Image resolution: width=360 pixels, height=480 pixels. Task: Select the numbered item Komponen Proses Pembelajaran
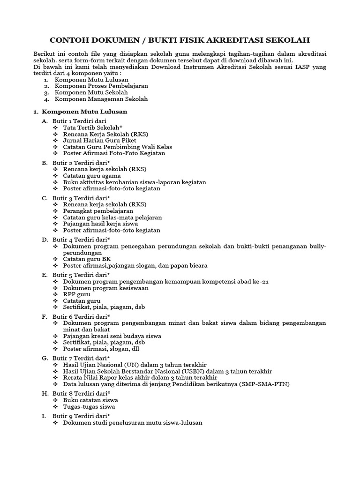tap(101, 86)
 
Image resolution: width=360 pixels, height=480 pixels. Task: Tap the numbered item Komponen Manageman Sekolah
tap(101, 99)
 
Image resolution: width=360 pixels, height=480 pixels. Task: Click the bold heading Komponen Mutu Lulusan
tap(84, 112)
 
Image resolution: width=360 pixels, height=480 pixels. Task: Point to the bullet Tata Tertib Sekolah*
tap(92, 127)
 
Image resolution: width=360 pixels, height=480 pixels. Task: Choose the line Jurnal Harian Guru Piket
tap(99, 140)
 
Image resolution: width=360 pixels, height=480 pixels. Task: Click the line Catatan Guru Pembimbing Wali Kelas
tap(118, 147)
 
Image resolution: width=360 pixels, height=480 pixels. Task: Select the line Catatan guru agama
tap(91, 175)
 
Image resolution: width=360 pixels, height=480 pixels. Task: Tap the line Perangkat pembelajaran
tap(98, 211)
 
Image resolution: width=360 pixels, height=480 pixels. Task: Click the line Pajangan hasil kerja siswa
tap(100, 224)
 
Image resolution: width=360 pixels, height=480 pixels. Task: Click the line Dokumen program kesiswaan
tap(105, 288)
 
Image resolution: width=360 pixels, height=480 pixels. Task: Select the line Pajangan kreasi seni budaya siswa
tap(112, 336)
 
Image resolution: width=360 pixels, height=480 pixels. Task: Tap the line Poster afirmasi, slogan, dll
tap(101, 349)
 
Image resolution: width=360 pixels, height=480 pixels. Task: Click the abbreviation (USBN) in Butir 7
tap(192, 371)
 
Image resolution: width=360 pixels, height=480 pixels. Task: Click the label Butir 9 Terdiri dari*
tap(81, 415)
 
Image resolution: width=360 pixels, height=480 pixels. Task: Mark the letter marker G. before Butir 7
tap(45, 358)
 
